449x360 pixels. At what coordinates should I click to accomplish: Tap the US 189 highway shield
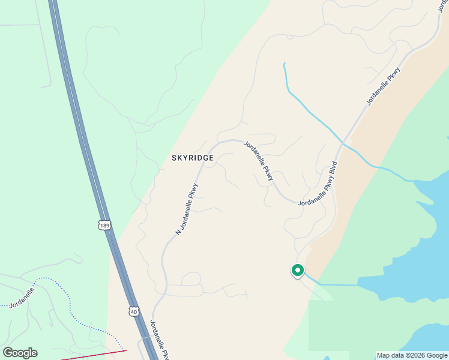[104, 226]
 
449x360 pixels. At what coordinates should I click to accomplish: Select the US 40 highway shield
[133, 311]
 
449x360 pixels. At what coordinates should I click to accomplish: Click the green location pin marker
[297, 271]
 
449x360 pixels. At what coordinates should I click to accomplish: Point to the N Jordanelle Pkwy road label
[187, 208]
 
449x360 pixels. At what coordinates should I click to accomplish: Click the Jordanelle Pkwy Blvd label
[318, 184]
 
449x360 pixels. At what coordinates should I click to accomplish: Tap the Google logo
[20, 353]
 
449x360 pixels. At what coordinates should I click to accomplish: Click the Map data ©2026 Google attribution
[412, 355]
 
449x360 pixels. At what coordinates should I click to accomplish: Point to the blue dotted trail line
[69, 303]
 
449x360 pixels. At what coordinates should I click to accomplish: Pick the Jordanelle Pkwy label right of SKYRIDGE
[259, 160]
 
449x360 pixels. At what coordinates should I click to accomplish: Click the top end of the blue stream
[284, 64]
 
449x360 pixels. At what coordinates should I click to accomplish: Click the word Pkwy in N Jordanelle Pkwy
[193, 192]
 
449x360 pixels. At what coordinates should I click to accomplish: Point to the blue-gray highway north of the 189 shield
[78, 120]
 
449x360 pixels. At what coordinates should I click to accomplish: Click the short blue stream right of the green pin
[336, 284]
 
